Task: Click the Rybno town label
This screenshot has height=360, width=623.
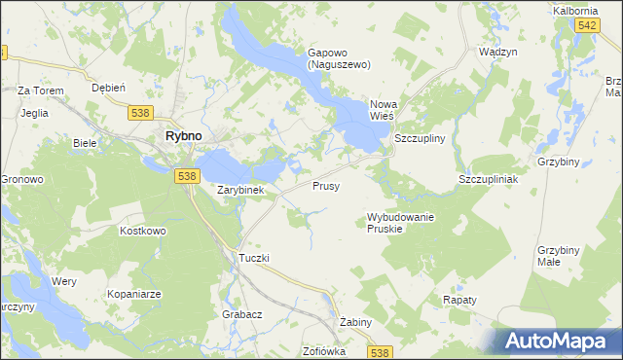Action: tap(183, 137)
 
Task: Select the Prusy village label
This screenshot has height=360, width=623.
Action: tap(326, 185)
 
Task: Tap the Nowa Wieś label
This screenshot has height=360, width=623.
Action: tap(387, 111)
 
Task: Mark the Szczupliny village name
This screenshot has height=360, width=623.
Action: tap(420, 139)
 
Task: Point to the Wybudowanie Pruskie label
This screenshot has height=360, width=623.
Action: tap(400, 222)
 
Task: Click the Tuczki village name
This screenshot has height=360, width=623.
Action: tap(253, 258)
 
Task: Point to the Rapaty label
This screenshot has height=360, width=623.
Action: tap(460, 300)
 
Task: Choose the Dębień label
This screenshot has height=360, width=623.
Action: tap(108, 87)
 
